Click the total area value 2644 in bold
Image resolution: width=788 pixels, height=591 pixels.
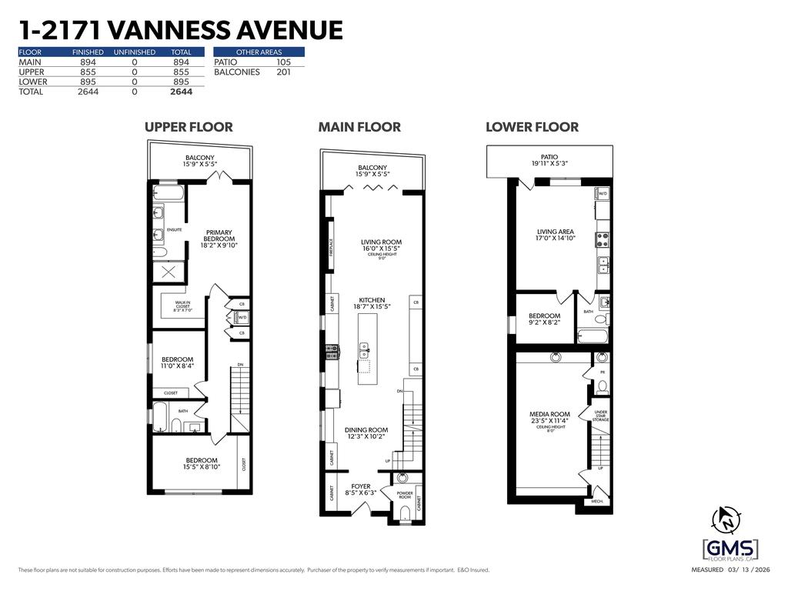point(181,92)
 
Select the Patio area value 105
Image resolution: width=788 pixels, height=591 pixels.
point(283,62)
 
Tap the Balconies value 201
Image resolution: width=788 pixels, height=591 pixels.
point(283,72)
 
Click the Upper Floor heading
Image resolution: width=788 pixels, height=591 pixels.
point(189,127)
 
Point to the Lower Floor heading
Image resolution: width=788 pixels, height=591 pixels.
point(532,127)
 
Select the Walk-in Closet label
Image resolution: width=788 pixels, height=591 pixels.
point(182,306)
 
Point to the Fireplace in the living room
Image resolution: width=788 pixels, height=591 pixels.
point(332,245)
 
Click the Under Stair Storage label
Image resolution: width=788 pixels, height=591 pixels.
point(601,416)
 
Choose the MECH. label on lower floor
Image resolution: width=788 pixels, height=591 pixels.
point(597,502)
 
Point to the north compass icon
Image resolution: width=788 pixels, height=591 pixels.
point(725,520)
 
